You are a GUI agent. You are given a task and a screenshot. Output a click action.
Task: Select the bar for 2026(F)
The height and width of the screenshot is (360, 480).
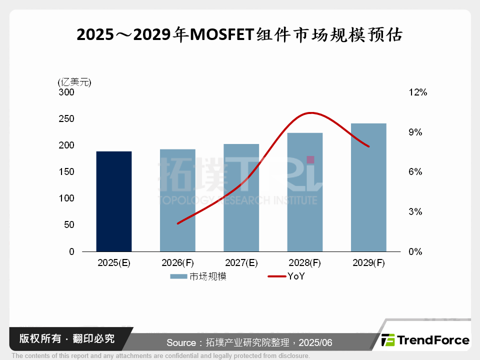pos(177,200)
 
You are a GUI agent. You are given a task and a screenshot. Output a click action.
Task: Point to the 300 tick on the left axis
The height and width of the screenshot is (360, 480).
pos(66,92)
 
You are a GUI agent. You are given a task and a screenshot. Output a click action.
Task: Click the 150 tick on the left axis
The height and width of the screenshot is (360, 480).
pos(66,172)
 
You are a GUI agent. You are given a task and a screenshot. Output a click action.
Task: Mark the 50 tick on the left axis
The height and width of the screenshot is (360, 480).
pos(69,225)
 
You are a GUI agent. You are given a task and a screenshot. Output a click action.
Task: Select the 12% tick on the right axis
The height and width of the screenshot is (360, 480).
pos(418,92)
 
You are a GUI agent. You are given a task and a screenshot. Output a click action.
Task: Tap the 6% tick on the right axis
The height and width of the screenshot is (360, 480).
pos(415,172)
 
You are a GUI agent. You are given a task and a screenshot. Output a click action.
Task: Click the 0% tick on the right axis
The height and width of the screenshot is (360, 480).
pos(415,251)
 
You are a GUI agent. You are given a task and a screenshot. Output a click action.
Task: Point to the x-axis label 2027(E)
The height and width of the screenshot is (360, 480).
pos(241,263)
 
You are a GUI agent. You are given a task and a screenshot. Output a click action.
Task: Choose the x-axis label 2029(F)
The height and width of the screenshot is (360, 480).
pos(368,263)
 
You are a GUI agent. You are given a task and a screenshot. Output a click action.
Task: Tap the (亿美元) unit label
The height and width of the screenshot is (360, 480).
pos(74,82)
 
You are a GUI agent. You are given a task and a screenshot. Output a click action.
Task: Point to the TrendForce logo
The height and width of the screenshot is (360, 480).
pos(425,340)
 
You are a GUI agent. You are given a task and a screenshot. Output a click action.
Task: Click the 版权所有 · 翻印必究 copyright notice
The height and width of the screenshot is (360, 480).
pos(67,338)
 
